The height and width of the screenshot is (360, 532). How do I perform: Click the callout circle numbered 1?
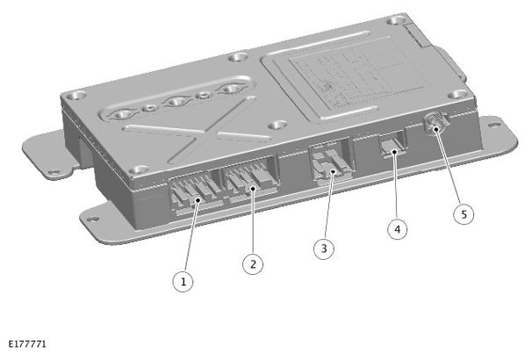(x=183, y=281)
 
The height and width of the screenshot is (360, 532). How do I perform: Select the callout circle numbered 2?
(x=253, y=263)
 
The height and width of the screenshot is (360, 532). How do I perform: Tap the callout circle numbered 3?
(x=324, y=248)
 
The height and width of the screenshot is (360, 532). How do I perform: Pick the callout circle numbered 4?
(x=398, y=229)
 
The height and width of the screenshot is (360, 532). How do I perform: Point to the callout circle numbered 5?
(x=464, y=214)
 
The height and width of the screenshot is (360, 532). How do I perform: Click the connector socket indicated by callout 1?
(x=195, y=194)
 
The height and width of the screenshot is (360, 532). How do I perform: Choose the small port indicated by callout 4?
(x=392, y=143)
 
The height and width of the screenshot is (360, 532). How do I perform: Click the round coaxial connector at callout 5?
(x=436, y=123)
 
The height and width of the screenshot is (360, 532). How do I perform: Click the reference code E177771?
(x=27, y=344)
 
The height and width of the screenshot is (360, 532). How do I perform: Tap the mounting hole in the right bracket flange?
(x=493, y=125)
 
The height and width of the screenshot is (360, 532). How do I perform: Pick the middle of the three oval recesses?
(x=176, y=102)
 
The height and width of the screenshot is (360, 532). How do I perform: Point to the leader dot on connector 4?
(x=393, y=153)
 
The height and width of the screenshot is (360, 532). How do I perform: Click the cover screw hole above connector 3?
(x=277, y=126)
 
